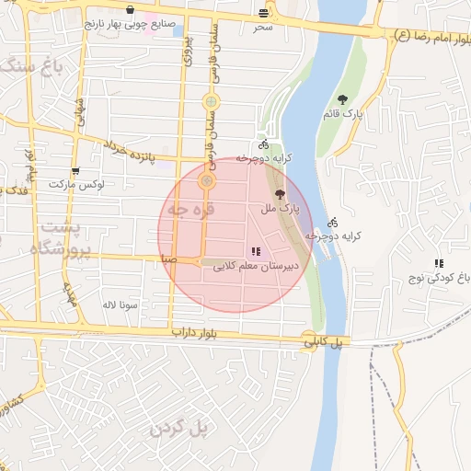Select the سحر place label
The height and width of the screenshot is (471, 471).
click(264, 27)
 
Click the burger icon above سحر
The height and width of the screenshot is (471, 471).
click(265, 13)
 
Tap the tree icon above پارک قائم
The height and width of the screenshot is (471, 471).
click(342, 99)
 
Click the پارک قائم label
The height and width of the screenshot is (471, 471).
click(343, 114)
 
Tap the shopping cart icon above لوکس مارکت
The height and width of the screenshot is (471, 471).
click(75, 171)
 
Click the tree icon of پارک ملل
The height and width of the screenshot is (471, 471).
click(280, 194)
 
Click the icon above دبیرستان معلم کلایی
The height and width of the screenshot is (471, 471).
click(255, 251)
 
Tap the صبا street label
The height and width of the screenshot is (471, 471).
click(167, 259)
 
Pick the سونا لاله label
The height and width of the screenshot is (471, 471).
click(121, 304)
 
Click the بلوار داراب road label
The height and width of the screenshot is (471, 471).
click(195, 330)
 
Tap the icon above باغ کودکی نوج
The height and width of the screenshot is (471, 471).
click(439, 263)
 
